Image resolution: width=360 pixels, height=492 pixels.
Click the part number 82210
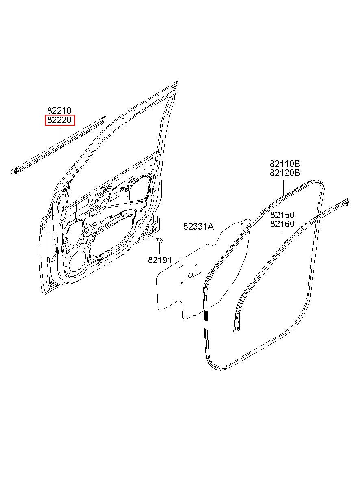pos(59,111)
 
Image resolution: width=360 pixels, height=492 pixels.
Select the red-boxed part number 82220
pos(59,120)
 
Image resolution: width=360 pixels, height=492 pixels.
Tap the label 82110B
pos(285,164)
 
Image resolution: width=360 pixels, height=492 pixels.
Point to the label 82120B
pos(285,173)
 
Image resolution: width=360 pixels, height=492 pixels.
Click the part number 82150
pos(282,215)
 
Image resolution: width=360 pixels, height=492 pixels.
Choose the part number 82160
pos(282,224)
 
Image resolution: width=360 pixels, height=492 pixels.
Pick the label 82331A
pos(198,227)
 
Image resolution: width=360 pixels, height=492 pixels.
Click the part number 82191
pos(160,260)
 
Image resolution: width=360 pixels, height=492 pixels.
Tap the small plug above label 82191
pos(160,241)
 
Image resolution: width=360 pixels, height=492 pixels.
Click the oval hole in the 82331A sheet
pos(191,275)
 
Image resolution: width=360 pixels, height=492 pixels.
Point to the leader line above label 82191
pos(160,249)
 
